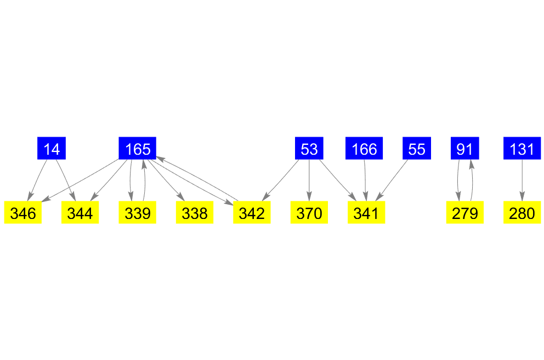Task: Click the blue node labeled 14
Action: [x=52, y=148]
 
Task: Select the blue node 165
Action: [x=138, y=148]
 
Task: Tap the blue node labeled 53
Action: [x=309, y=148]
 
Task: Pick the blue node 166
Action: [x=364, y=148]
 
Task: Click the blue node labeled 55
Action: [x=417, y=148]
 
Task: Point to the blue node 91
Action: [x=465, y=148]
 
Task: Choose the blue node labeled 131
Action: [x=522, y=148]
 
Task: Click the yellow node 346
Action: [x=23, y=213]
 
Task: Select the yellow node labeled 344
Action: [x=80, y=213]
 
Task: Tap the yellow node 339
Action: [x=138, y=213]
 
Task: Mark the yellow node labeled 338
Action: [x=195, y=213]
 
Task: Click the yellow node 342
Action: [x=252, y=213]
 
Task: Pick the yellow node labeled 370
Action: [x=309, y=213]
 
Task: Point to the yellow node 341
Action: [x=366, y=213]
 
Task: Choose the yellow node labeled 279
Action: [x=465, y=213]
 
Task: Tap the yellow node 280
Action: [x=522, y=213]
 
